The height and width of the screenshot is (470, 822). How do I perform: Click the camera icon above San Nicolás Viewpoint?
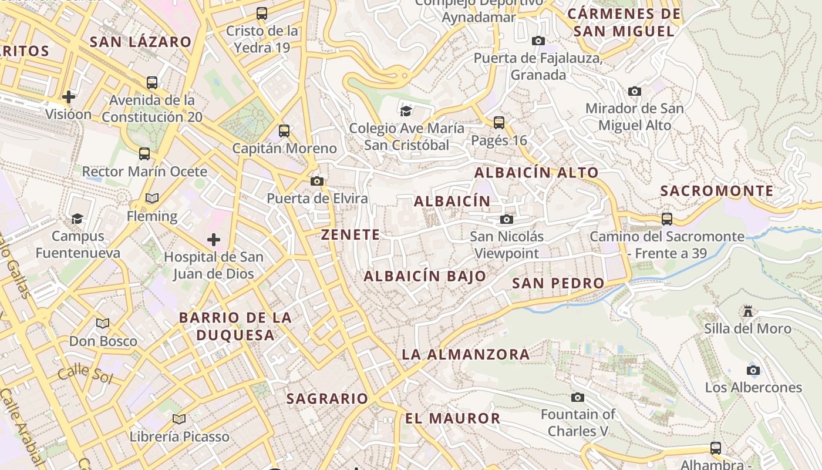[x=506, y=220]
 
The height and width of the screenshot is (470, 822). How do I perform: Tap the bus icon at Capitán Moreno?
[x=284, y=131]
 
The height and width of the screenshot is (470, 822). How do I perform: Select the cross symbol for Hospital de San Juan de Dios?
[x=214, y=240]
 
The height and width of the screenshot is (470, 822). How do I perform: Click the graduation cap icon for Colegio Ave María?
[x=406, y=110]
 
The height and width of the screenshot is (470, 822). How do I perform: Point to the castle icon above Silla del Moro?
[x=747, y=311]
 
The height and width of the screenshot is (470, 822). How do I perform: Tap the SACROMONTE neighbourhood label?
[x=717, y=191]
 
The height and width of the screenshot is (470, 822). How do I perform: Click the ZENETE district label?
[x=351, y=234]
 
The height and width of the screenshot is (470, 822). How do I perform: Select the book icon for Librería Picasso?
[x=179, y=419]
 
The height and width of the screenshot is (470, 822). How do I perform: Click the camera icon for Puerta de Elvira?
[x=317, y=181]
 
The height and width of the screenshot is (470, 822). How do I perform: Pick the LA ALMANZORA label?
[x=466, y=354]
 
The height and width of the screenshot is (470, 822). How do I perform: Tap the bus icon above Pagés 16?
[x=499, y=123]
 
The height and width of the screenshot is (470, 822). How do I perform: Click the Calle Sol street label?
[x=85, y=373]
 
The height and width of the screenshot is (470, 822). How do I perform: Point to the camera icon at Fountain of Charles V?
[x=578, y=397]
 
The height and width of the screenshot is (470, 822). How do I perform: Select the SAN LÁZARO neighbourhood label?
[x=141, y=42]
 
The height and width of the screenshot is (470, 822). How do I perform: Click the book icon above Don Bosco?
[x=103, y=323]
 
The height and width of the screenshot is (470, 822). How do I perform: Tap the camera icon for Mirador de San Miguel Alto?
[x=634, y=91]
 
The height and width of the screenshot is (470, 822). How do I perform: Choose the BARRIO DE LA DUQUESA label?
[x=235, y=326]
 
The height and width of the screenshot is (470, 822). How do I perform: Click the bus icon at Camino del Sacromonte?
[x=667, y=219]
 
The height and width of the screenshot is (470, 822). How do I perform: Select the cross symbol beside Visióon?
[x=69, y=96]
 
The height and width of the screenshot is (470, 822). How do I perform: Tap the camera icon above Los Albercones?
[x=753, y=370]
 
